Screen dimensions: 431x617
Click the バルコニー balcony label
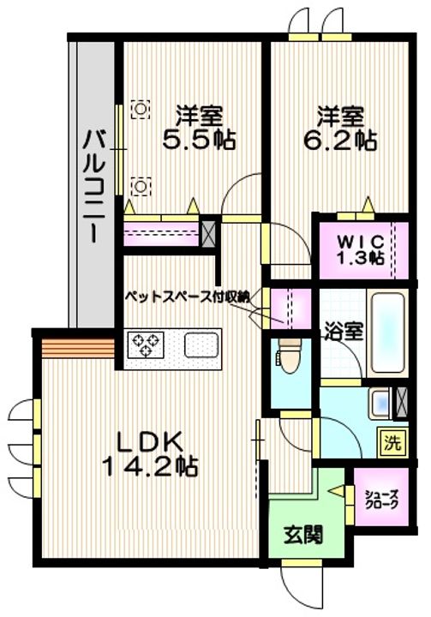[x=93, y=187]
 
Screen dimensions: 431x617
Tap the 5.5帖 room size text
[x=199, y=140]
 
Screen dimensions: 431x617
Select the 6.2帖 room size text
[x=340, y=140]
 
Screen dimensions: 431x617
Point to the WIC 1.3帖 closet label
[x=360, y=249]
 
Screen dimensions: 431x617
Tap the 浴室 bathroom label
[x=344, y=332]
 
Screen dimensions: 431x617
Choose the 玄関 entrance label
[x=303, y=535]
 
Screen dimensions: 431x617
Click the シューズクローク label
[x=381, y=500]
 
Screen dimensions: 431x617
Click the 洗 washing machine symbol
[x=392, y=443]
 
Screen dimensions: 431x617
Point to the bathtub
[x=387, y=332]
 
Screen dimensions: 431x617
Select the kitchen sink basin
[x=201, y=345]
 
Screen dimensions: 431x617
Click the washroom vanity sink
[x=380, y=403]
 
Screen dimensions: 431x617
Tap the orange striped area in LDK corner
[x=78, y=348]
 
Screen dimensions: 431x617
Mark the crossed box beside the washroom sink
[x=402, y=403]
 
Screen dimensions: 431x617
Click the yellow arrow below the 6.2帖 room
[x=368, y=204]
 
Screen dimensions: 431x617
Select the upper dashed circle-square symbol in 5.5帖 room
[x=141, y=109]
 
